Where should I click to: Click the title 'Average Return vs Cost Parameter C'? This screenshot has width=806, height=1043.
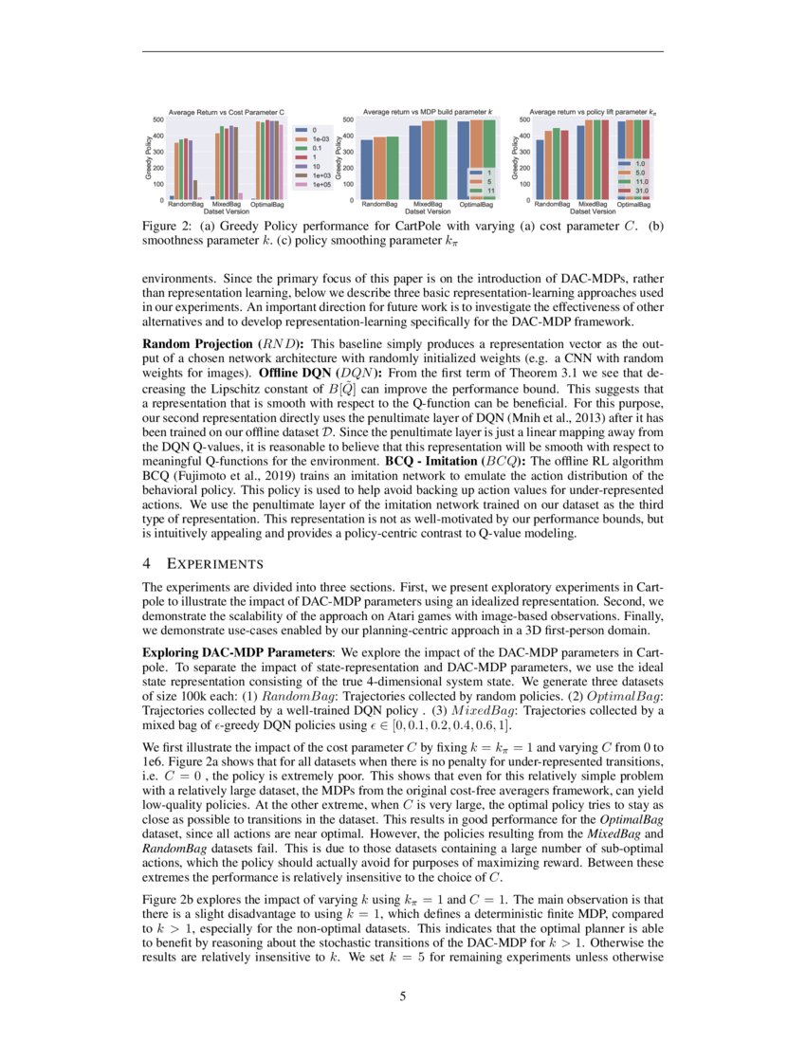coord(226,112)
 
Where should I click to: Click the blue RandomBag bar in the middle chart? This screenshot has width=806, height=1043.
coord(366,170)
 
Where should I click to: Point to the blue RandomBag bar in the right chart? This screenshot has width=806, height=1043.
coord(540,170)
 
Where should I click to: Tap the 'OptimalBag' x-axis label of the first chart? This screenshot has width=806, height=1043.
coord(270,205)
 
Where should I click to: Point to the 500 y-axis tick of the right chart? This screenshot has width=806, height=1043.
coord(524,120)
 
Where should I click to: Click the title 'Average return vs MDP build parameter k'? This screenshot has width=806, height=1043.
coord(429,112)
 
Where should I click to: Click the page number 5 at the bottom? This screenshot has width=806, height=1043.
coord(403,997)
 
